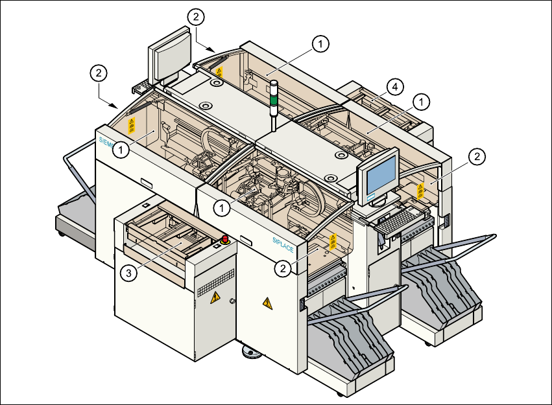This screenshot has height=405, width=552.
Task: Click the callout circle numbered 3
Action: click(130, 273)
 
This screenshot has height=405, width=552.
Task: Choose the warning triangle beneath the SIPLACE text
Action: click(267, 303)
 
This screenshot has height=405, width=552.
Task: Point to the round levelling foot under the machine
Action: click(250, 353)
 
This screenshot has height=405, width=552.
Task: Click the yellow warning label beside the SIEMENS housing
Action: click(132, 126)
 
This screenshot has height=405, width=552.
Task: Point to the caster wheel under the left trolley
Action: click(62, 234)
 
